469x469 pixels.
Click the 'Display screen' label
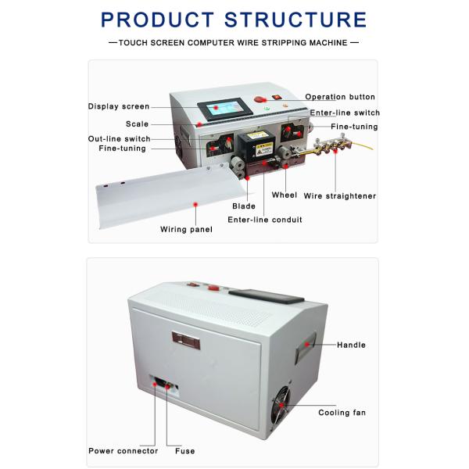point(118,106)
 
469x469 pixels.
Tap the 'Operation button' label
point(340,97)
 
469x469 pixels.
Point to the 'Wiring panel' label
point(186,229)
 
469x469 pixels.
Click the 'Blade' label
point(244,206)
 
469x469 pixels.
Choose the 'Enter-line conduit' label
point(264,220)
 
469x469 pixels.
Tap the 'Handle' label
point(351,345)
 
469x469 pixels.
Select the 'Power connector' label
point(123,451)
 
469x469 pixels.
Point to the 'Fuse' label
point(185,451)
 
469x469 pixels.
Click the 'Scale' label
point(137,124)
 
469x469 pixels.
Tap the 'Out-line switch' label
point(119,138)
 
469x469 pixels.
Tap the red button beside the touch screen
point(260,102)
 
